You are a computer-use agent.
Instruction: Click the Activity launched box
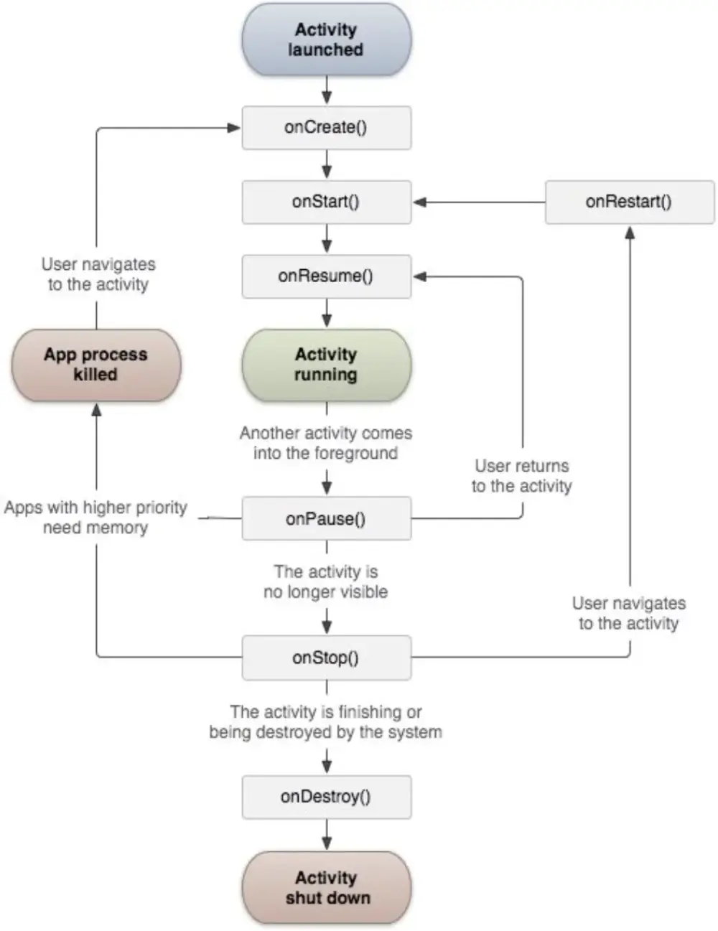tap(326, 40)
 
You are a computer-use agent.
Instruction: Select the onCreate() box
tap(326, 128)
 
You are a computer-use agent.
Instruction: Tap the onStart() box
tap(326, 202)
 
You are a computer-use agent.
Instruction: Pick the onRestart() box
tap(629, 202)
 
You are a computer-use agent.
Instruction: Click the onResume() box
tap(326, 276)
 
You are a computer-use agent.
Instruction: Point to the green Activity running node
tap(326, 365)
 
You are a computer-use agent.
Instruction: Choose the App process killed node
tap(95, 365)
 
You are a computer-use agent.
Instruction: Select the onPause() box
tap(326, 518)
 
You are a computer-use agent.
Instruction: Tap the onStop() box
tap(326, 658)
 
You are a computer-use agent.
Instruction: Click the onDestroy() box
tap(326, 797)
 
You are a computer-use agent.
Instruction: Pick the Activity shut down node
tap(326, 888)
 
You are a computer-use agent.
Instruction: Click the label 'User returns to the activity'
tap(522, 476)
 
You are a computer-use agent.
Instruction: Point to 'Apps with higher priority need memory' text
tap(95, 518)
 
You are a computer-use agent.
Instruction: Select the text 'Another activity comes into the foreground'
tap(326, 443)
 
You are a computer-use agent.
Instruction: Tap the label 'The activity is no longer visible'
tap(326, 581)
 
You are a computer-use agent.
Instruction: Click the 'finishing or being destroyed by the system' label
tap(326, 721)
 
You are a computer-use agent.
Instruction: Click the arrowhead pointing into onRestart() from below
tap(630, 233)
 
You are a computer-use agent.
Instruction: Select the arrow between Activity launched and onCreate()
tap(327, 91)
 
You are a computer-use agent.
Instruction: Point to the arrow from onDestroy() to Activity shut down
tap(327, 836)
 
